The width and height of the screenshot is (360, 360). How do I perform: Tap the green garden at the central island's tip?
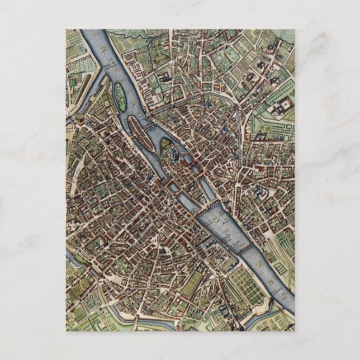166,146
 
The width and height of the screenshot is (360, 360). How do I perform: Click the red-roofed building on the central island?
184,162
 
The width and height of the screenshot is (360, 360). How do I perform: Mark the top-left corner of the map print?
66,30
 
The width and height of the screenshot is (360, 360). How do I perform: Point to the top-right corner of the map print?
294,30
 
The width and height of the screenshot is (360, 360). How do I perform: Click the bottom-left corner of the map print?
66,330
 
